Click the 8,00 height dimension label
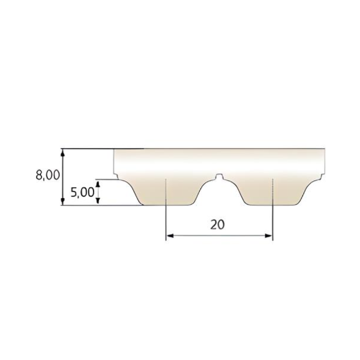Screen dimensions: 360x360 pos(48,175)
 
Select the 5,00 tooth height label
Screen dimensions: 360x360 pos(82,192)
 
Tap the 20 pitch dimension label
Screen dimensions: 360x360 pos(217,224)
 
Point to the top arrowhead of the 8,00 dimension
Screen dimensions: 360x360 pos(62,153)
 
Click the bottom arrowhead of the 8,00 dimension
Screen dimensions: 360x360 pos(62,202)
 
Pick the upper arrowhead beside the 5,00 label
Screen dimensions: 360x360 pos(98,185)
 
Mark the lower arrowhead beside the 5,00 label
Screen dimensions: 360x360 pos(98,200)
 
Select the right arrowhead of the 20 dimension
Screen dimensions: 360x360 pos(269,236)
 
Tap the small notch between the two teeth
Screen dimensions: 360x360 pos(220,176)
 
